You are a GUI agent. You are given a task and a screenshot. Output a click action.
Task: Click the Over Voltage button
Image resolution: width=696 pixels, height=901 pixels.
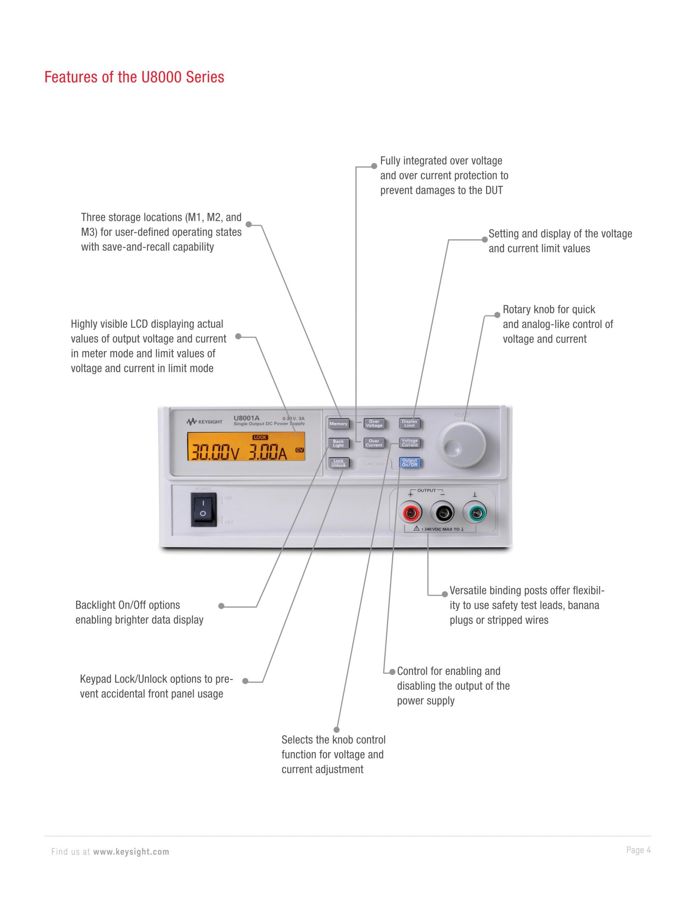coord(374,423)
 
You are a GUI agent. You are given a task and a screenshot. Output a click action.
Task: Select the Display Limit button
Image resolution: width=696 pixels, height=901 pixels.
coord(409,423)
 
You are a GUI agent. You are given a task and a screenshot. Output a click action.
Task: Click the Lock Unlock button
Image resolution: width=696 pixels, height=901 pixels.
coord(339,463)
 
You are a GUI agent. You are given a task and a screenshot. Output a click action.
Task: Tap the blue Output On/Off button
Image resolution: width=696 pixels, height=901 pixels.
coord(409,462)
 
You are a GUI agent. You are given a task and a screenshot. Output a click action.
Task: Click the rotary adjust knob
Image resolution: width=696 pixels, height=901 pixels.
coord(462,445)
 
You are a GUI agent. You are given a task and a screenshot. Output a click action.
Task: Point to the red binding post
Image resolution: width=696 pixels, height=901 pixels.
coord(411,513)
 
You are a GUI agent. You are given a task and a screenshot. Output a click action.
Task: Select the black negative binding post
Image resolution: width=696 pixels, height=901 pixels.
coord(442,513)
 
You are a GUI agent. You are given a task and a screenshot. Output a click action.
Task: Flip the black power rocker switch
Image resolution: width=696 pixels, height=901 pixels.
coord(203,511)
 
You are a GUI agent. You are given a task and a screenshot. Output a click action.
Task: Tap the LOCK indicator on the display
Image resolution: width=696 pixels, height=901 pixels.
coord(260,437)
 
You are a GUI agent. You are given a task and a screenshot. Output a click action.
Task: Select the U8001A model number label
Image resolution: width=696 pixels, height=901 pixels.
coord(246,417)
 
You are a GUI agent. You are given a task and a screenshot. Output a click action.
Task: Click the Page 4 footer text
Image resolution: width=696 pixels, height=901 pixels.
coord(638,850)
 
